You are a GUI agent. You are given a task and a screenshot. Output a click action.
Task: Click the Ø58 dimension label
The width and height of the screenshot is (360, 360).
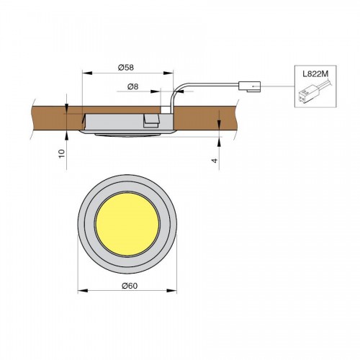(126, 68)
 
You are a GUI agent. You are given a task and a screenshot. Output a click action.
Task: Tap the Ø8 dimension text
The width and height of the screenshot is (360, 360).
(133, 86)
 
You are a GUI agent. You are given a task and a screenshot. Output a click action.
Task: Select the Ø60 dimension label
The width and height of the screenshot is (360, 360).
(130, 286)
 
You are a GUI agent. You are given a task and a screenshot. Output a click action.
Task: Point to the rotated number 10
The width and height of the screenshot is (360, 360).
(62, 153)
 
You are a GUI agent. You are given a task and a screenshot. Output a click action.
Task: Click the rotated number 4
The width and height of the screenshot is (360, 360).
(215, 161)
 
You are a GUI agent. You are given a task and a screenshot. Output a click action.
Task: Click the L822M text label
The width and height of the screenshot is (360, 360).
(315, 74)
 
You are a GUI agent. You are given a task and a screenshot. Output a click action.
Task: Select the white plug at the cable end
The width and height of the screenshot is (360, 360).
(250, 86)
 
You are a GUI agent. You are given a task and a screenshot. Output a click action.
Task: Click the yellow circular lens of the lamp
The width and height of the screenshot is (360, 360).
(127, 224)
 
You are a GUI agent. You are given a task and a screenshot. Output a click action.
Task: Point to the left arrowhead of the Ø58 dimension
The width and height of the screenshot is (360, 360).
(87, 73)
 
